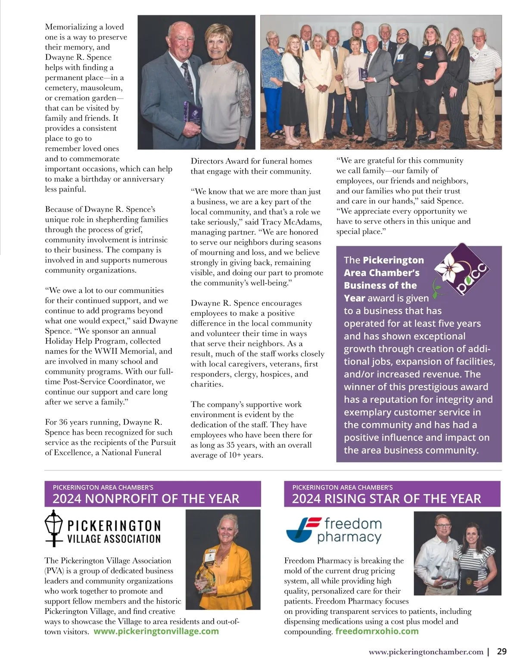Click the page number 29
click(x=501, y=651)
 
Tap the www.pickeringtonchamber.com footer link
click(x=426, y=652)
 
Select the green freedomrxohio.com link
click(x=377, y=631)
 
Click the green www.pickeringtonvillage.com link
click(x=156, y=631)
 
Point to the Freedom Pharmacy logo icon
click(x=298, y=530)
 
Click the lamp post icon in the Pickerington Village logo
click(x=54, y=528)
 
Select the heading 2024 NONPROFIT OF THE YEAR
click(x=146, y=499)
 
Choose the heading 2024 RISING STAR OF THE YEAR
click(x=386, y=499)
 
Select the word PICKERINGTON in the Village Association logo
click(x=114, y=526)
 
